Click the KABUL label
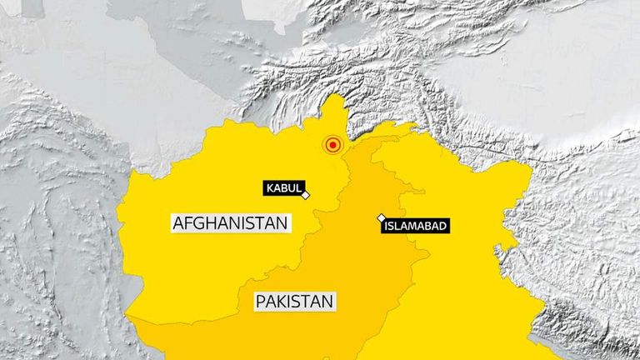[x=284, y=188]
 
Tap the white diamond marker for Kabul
[x=306, y=195]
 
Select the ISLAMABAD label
[x=415, y=225]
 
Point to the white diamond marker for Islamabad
[x=382, y=217]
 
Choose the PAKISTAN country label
[x=295, y=301]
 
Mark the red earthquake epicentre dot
[x=333, y=146]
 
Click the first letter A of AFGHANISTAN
[x=178, y=223]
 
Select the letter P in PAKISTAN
[x=261, y=301]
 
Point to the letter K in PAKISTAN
[x=282, y=301]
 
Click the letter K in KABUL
[x=270, y=188]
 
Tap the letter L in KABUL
[x=298, y=188]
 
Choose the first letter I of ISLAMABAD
[x=387, y=225]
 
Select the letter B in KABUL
[x=284, y=188]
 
